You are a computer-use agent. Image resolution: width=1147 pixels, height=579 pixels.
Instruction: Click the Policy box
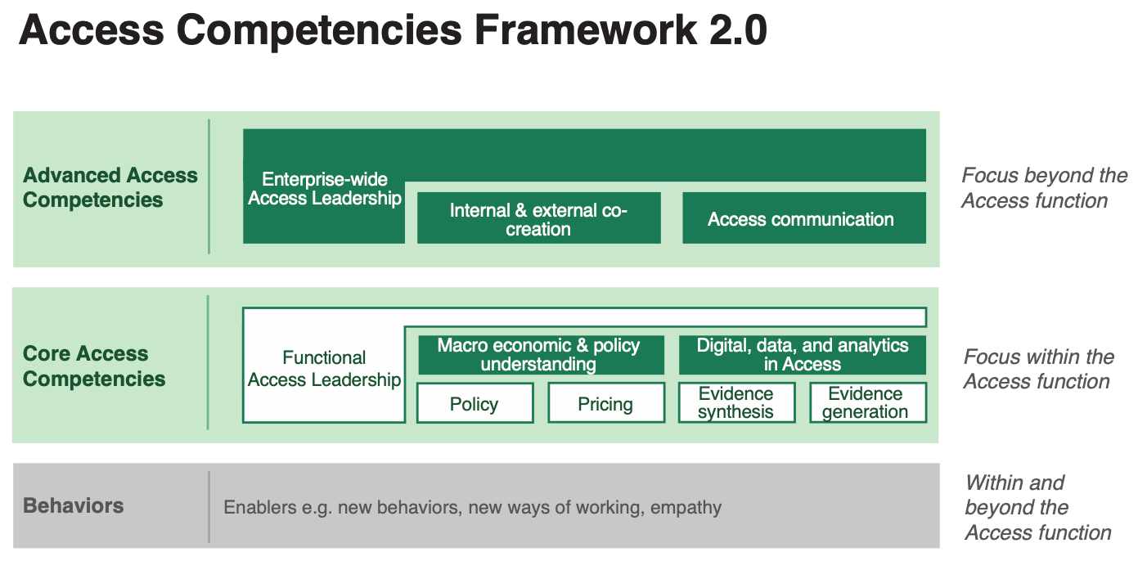tap(475, 403)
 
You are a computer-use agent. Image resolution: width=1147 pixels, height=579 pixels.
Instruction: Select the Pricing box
tap(605, 403)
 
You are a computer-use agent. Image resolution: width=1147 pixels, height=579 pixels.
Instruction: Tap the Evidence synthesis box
tap(736, 403)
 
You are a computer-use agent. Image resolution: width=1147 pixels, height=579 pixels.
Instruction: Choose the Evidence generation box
tap(867, 403)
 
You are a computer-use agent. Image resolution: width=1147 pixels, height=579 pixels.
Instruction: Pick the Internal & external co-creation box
tap(538, 218)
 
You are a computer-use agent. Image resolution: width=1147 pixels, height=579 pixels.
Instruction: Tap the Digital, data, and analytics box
tap(802, 355)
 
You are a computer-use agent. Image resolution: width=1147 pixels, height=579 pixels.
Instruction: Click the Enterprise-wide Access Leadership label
tap(325, 189)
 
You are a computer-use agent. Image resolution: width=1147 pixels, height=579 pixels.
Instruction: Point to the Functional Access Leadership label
tap(325, 368)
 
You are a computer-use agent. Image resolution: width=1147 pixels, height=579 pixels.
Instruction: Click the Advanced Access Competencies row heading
tap(110, 187)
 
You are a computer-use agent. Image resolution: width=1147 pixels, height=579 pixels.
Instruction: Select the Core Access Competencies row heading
tap(93, 366)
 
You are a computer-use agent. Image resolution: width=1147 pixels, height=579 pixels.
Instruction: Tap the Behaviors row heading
tap(74, 505)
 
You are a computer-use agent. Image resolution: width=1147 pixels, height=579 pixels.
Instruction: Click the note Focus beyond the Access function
tap(1043, 188)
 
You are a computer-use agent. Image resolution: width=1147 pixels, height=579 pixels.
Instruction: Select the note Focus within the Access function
tap(1038, 369)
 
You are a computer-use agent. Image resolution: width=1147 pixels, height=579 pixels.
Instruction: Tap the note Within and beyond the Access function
tap(1037, 507)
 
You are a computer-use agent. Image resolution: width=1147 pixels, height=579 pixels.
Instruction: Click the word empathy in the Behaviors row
tap(686, 508)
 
